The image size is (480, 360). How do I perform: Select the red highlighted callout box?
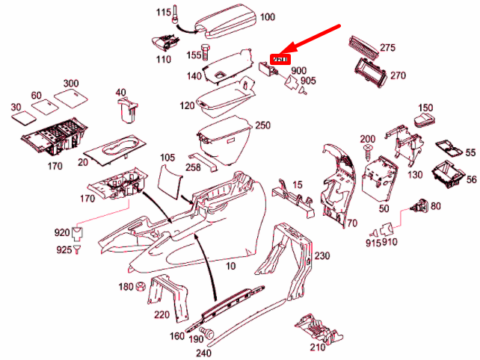pyautogui.click(x=279, y=58)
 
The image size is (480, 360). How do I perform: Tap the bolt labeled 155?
pyautogui.click(x=207, y=54)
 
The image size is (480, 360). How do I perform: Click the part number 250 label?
pyautogui.click(x=262, y=125)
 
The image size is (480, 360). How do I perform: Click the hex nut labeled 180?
pyautogui.click(x=140, y=288)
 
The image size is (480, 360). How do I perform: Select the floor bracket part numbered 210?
pyautogui.click(x=315, y=329)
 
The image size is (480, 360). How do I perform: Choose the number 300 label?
pyautogui.click(x=71, y=83)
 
